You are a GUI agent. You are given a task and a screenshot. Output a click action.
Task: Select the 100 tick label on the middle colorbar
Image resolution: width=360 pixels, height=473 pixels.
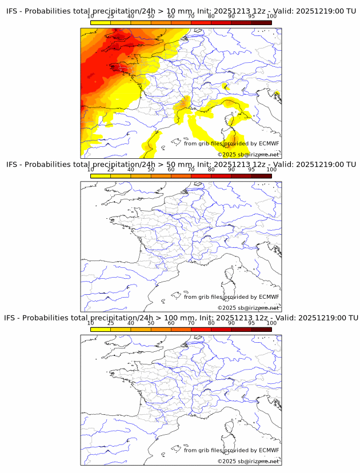271,169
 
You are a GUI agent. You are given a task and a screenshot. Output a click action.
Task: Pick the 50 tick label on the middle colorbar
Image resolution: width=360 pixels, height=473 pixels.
151,169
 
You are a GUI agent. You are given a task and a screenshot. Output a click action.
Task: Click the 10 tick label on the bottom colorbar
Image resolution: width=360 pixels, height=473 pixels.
90,323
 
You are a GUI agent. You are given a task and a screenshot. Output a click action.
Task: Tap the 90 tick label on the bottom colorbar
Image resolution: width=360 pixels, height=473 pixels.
231,323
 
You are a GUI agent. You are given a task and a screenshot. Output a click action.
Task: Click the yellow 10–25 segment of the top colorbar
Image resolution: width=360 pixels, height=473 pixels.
100,22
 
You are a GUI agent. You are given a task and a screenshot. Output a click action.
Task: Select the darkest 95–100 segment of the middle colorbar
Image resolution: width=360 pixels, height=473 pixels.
262,176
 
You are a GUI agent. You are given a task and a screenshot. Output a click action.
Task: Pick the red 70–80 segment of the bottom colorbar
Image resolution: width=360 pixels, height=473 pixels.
201,330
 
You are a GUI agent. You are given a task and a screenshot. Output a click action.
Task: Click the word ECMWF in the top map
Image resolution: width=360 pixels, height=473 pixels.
269,143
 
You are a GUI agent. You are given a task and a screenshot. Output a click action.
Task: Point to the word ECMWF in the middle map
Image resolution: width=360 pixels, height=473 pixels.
269,296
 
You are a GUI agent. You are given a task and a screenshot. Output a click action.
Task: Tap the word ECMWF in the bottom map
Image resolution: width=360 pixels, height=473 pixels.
269,450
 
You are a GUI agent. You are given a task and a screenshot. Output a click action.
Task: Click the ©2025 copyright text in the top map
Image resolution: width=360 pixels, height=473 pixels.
227,154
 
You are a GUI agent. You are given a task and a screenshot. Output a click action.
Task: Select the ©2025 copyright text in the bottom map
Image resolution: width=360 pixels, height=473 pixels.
227,461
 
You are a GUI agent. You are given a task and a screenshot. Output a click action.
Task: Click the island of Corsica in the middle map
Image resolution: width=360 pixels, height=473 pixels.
231,275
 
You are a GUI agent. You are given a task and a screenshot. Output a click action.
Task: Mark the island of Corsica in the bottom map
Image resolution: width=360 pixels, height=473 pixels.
231,428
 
